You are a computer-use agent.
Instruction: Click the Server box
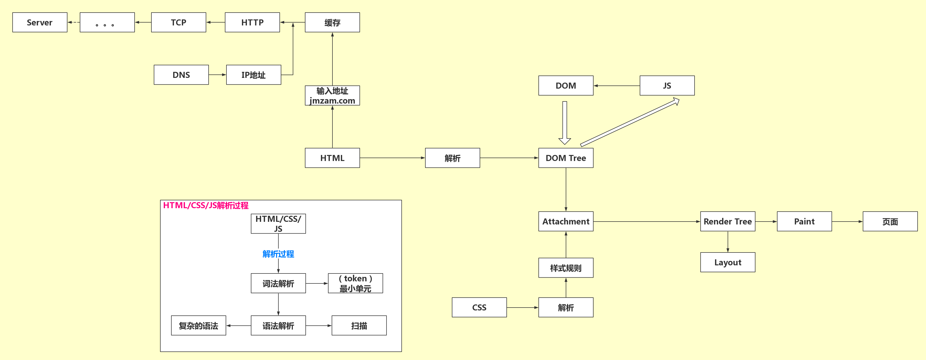pos(40,22)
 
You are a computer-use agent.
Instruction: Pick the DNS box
pos(181,75)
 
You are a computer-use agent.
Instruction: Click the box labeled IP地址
pos(253,75)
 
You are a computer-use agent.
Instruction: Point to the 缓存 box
pos(332,22)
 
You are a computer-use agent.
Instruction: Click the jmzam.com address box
pos(332,95)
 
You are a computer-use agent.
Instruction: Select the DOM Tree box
pos(565,158)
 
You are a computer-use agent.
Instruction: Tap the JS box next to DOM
pos(667,85)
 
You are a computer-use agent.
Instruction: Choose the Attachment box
pos(565,221)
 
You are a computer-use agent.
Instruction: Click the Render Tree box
pos(728,221)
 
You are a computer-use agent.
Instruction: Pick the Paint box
pos(804,221)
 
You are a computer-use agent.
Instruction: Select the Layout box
pos(728,262)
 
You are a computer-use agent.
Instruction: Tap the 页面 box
pos(890,221)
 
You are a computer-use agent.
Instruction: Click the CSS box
pos(479,307)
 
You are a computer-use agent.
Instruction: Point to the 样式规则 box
pos(565,268)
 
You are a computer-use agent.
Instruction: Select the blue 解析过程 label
pos(278,254)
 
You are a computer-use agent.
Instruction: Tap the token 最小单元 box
pos(355,283)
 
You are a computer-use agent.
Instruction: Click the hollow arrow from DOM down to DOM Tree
pos(565,122)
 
